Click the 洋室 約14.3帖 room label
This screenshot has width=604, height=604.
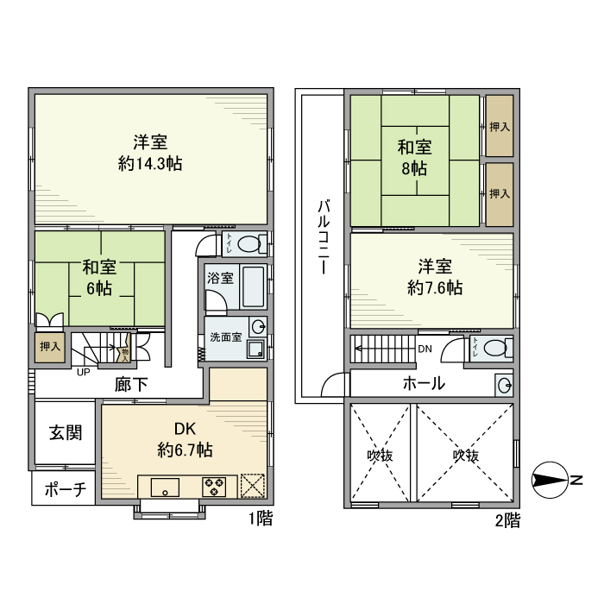150,152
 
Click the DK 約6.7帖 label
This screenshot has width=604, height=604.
186,438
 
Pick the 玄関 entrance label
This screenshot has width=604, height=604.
65,433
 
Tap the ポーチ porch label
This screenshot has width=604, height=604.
65,490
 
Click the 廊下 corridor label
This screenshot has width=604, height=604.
131,385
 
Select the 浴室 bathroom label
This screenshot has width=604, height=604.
220,278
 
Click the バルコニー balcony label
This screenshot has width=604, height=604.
323,236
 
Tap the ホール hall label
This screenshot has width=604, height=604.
424,383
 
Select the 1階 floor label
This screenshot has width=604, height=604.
261,519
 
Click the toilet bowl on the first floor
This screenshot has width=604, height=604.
249,243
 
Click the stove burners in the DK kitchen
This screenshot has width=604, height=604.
213,487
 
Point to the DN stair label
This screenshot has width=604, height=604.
425,349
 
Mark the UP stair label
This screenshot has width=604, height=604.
84,373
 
